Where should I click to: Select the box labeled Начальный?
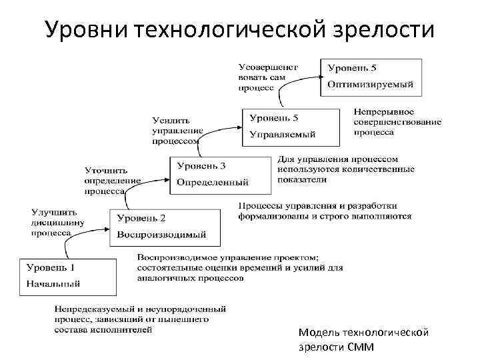tap(67, 275)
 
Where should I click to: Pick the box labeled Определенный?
tap(219, 174)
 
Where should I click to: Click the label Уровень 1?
tap(51, 267)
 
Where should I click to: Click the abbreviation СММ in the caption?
tap(360, 347)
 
